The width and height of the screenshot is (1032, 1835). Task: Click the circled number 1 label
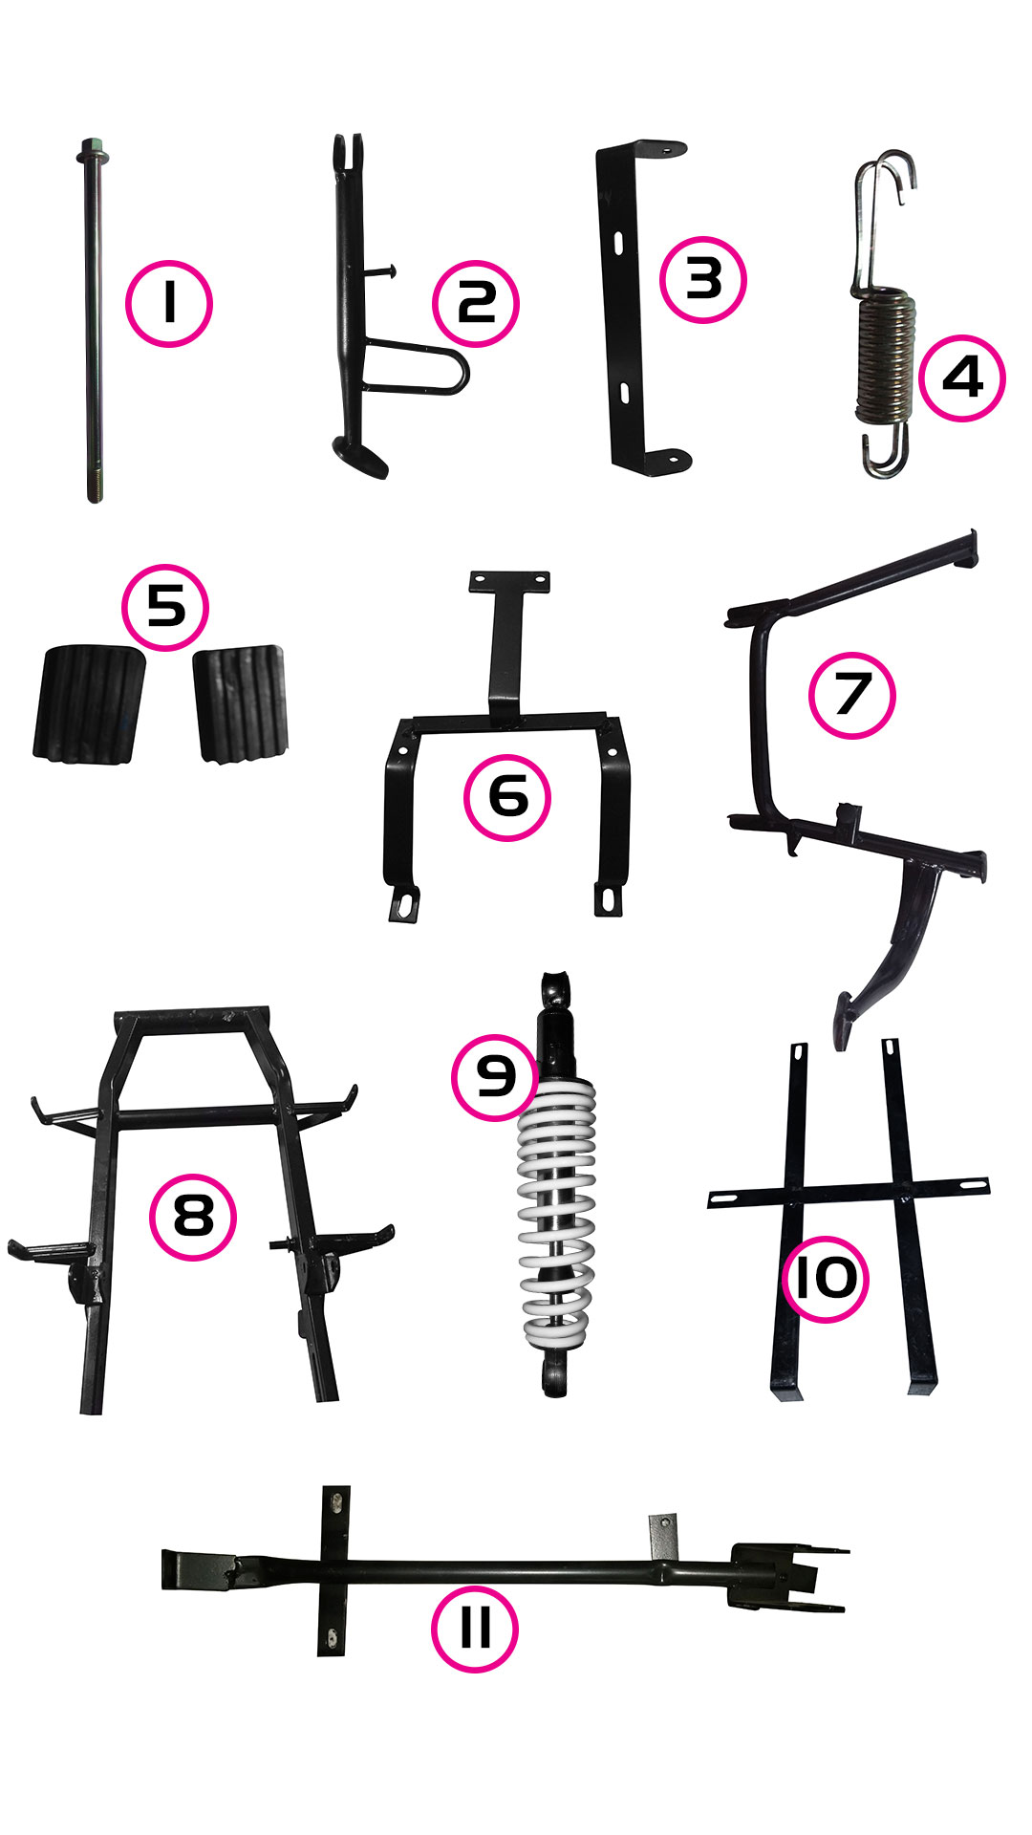tap(168, 303)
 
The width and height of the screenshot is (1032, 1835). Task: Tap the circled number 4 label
tap(962, 378)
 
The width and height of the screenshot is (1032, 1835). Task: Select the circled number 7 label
tap(851, 695)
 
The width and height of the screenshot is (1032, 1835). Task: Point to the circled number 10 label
tap(826, 1278)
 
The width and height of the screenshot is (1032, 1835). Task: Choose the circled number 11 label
tap(475, 1629)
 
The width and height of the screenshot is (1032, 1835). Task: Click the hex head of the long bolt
tap(92, 151)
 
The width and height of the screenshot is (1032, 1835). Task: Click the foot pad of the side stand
tap(360, 457)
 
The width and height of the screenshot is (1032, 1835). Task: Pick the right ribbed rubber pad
tap(241, 703)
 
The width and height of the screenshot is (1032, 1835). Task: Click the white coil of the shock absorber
tap(556, 1212)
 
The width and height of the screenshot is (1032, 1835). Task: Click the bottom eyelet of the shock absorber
tap(553, 1377)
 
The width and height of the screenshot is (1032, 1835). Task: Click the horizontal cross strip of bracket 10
tap(849, 1192)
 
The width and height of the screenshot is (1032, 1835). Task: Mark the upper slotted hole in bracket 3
tap(617, 243)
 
